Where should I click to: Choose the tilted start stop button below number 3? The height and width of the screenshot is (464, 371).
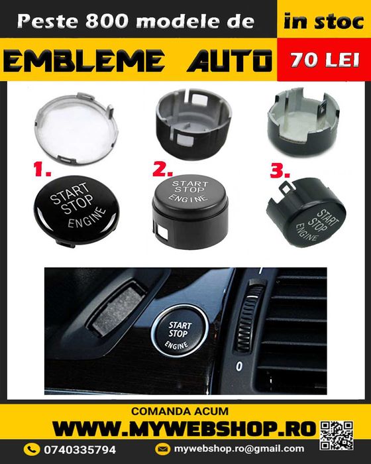305,218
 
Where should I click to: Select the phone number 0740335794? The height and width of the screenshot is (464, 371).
83,449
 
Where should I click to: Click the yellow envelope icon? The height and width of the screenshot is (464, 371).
163,449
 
